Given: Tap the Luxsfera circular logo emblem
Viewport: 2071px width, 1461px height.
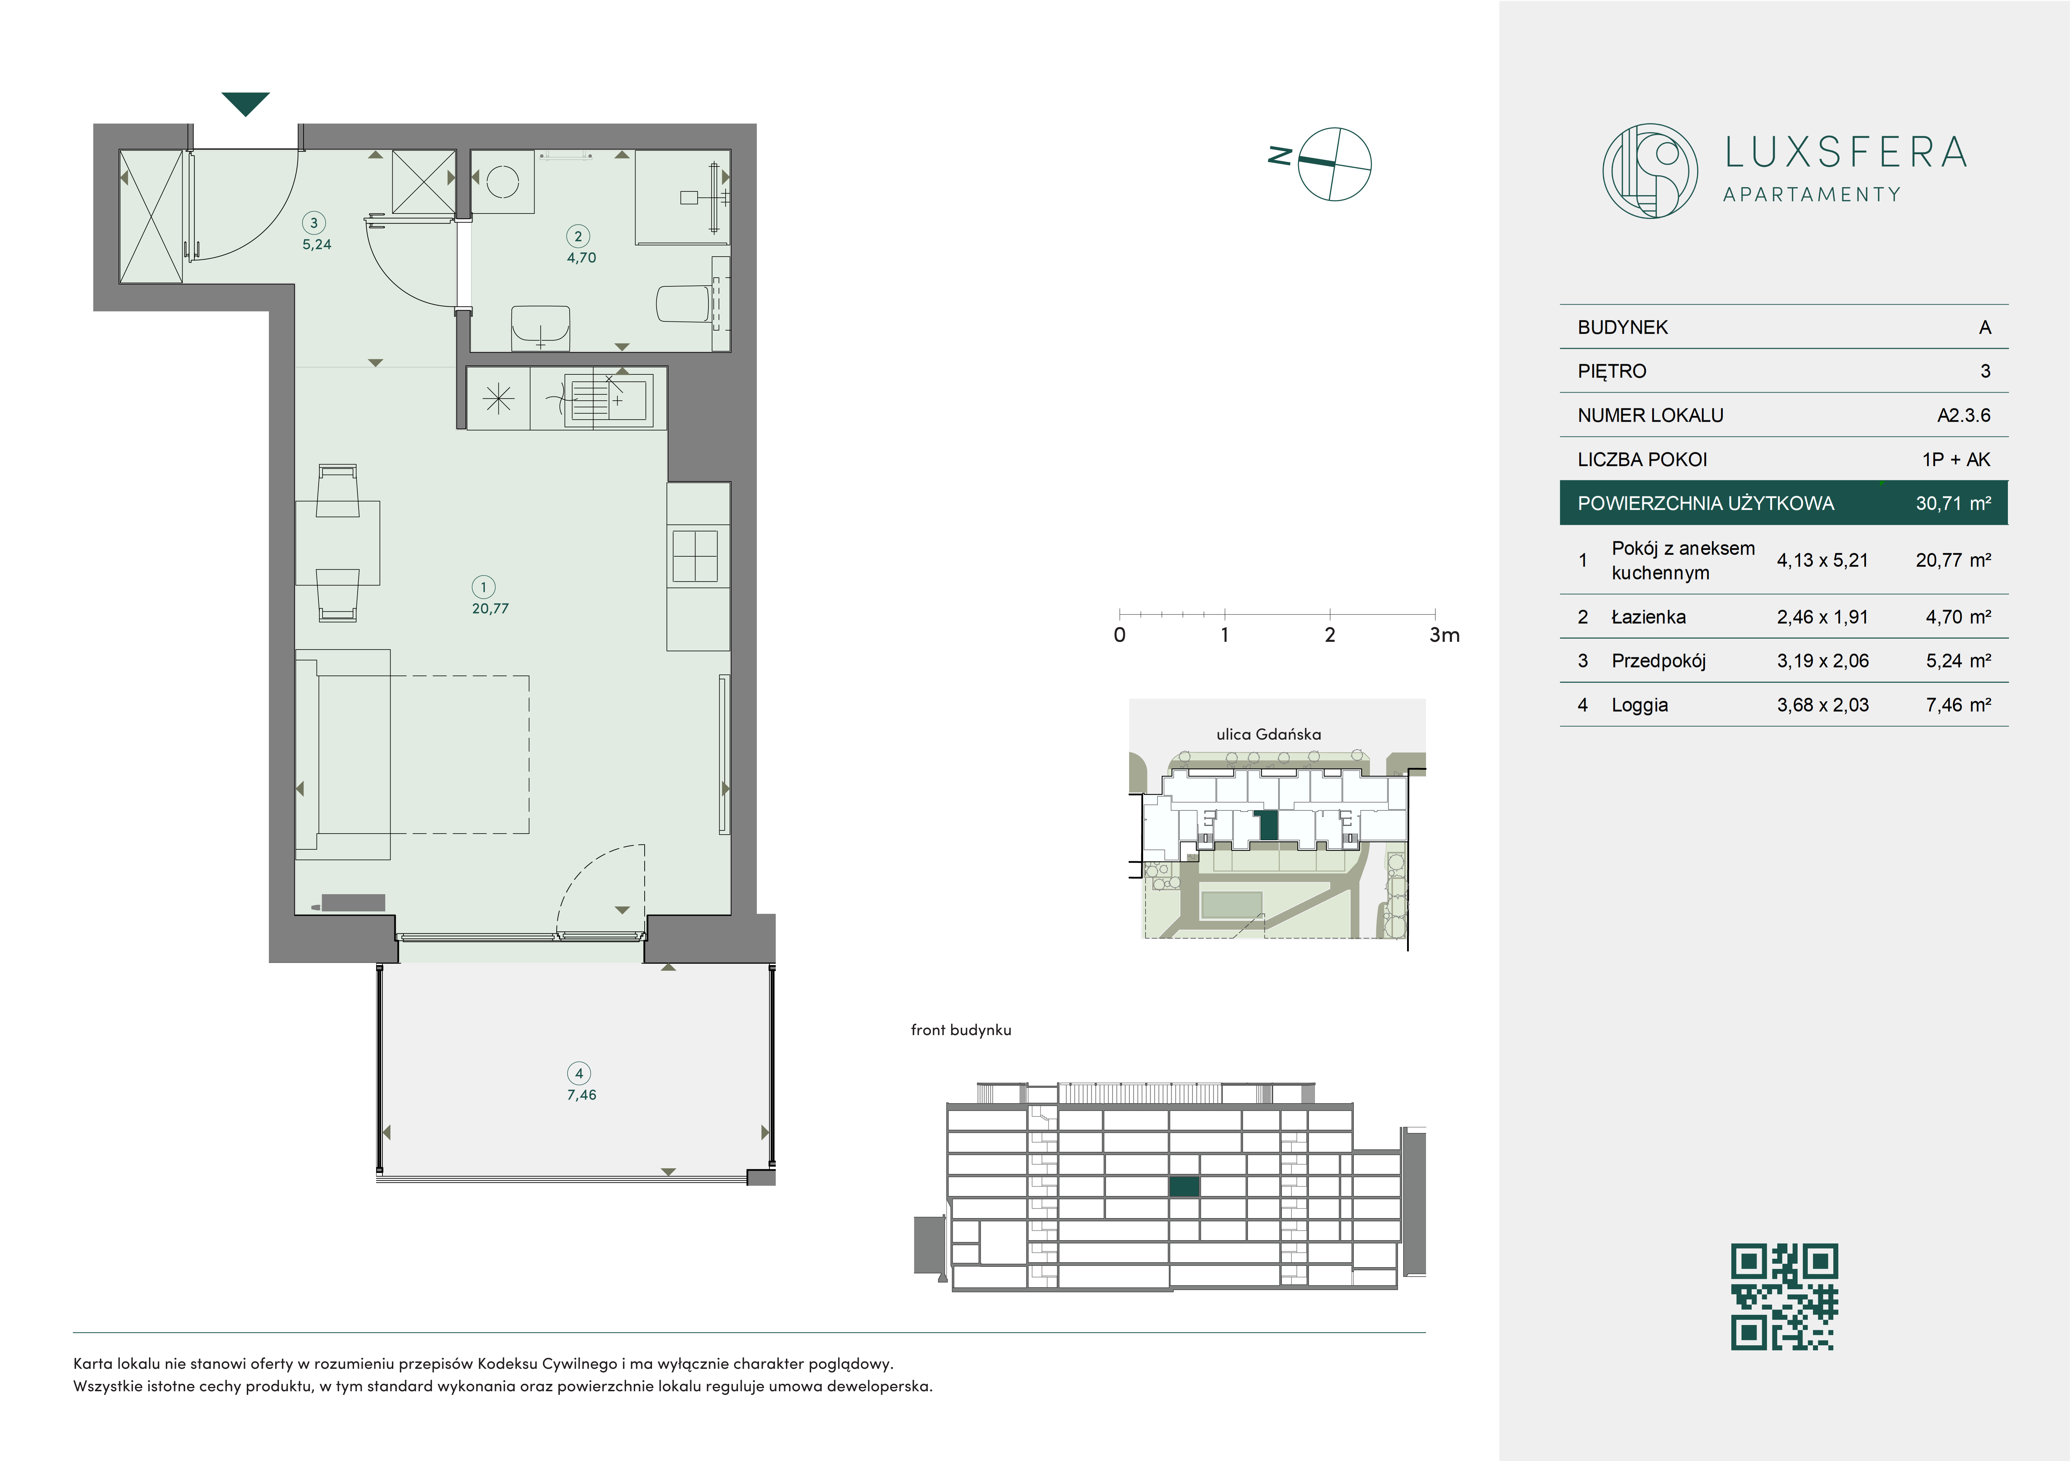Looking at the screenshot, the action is coord(1650,170).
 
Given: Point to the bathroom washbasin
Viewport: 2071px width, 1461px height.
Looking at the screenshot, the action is coord(540,327).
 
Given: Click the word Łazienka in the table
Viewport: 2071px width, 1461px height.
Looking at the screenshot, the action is coord(1648,617).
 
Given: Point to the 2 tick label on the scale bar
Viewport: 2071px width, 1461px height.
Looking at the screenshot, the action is coord(1330,635).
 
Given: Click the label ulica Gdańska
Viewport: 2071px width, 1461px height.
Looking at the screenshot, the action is coord(1268,734).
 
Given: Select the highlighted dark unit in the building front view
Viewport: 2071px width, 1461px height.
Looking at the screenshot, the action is coord(1184,1187).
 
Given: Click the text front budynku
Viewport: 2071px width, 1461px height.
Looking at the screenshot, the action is coord(960,1030).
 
